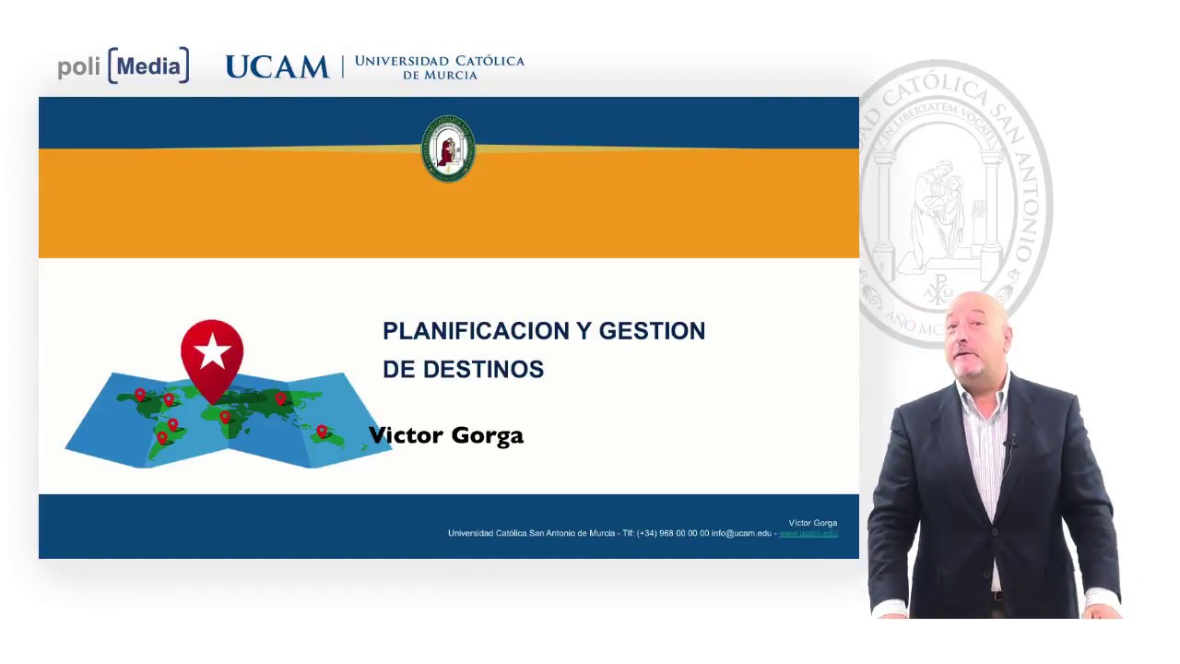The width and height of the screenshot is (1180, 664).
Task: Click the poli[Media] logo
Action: point(124,66)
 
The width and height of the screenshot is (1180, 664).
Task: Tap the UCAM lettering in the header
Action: point(277,67)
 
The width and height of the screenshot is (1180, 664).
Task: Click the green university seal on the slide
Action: point(448,148)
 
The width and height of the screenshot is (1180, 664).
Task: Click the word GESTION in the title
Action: point(652,331)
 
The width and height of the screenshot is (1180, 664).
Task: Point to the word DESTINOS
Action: point(483,370)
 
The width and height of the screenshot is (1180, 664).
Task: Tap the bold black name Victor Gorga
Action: point(446,435)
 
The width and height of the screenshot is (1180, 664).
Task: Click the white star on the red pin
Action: point(212,350)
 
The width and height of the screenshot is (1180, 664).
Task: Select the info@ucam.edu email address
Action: point(741,534)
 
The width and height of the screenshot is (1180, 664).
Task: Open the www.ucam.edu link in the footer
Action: point(808,534)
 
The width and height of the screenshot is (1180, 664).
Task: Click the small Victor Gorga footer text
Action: point(812,523)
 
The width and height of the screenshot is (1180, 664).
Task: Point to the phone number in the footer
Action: point(673,534)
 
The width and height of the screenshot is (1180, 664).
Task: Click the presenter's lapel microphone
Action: point(1011,444)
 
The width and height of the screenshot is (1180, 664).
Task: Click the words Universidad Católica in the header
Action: point(439,61)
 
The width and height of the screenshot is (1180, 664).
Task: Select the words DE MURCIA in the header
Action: point(440,75)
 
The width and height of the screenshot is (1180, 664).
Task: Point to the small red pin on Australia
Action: point(322,431)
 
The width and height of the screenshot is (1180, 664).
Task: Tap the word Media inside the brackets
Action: point(148,66)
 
